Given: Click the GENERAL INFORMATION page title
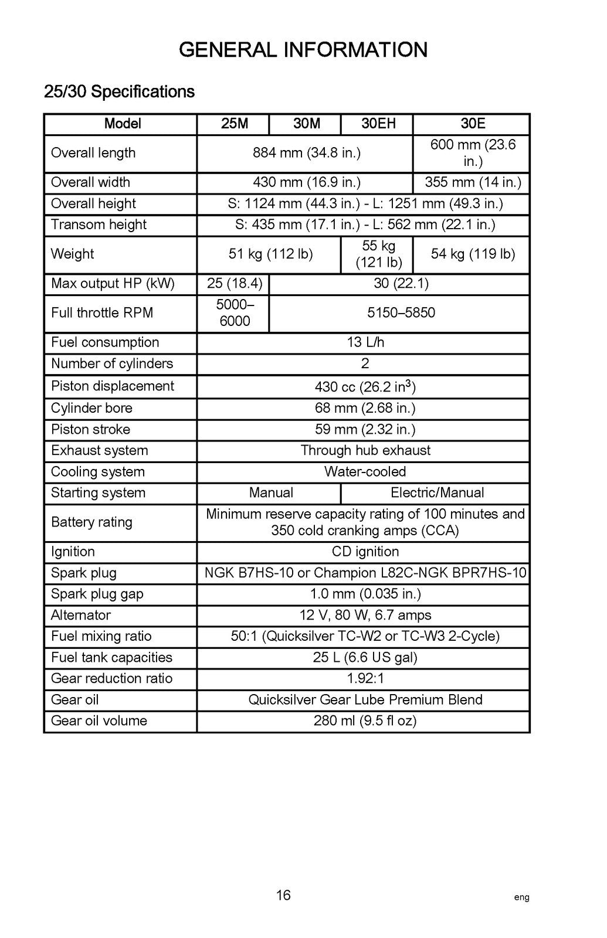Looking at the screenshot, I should click(x=303, y=50).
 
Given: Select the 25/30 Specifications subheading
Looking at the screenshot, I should click(x=119, y=92).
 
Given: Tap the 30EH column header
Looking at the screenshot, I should click(x=378, y=124).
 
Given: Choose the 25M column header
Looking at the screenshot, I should click(x=235, y=124).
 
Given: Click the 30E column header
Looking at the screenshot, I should click(x=473, y=124).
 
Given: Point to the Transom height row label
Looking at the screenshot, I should click(x=99, y=225).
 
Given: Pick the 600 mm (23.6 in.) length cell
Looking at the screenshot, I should click(x=473, y=153).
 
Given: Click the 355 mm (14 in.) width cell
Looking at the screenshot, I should click(x=473, y=182).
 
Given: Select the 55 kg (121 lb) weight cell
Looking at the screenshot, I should click(x=378, y=254).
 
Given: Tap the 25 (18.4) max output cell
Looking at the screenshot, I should click(x=235, y=284).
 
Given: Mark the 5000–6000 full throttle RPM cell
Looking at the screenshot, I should click(x=235, y=312).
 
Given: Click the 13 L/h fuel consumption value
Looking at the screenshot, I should click(x=365, y=342).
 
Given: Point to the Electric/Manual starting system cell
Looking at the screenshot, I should click(x=437, y=492).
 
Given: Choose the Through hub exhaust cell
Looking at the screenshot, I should click(x=365, y=450).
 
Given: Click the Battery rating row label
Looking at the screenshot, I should click(x=91, y=522).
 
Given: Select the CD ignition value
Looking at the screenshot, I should click(x=365, y=552).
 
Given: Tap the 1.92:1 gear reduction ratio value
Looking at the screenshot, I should click(x=365, y=678).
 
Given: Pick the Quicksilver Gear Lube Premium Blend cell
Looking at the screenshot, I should click(x=365, y=699).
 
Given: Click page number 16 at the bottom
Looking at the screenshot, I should click(x=283, y=895).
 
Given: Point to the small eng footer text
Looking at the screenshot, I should click(x=521, y=898).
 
